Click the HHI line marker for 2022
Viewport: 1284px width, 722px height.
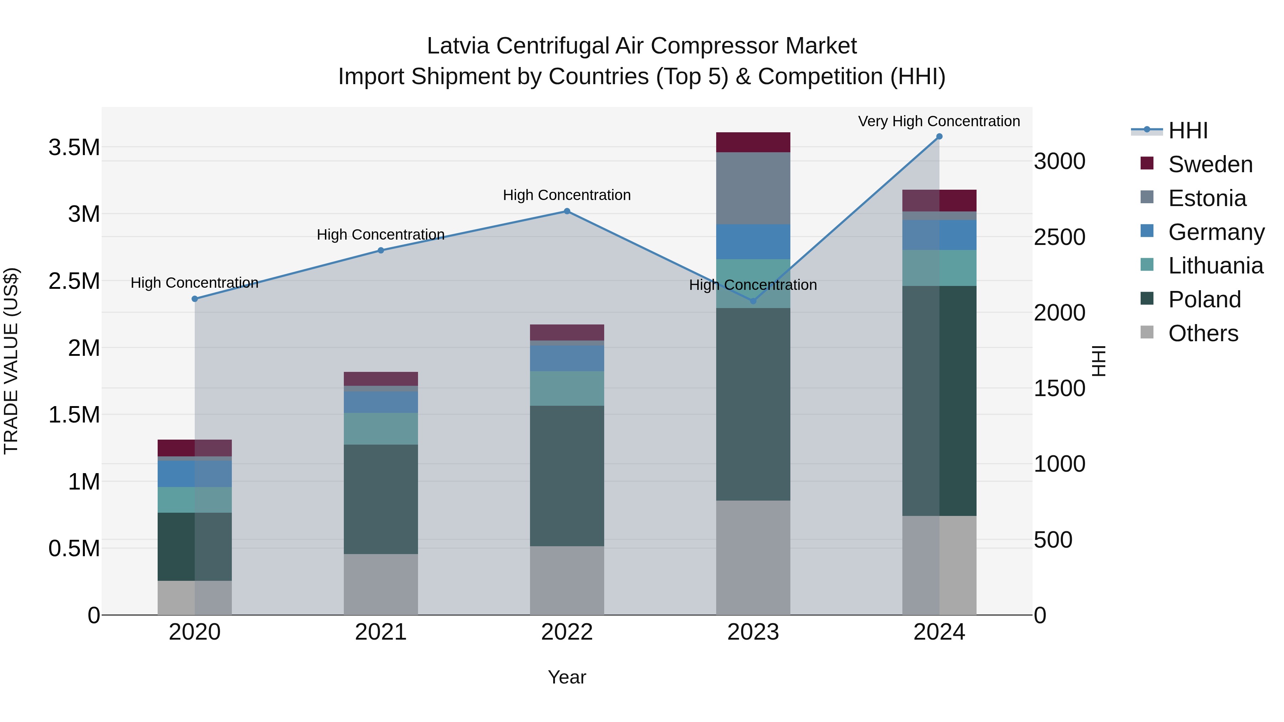coord(567,211)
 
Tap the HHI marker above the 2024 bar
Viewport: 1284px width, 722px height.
coord(939,137)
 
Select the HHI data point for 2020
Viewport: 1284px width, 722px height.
coord(195,299)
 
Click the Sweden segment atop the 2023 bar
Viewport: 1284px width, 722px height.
coord(753,143)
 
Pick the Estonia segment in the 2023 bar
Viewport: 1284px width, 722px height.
coord(753,188)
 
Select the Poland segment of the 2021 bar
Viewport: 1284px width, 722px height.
coord(381,499)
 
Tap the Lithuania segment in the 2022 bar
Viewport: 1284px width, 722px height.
coord(567,389)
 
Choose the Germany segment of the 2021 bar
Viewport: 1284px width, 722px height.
coord(381,402)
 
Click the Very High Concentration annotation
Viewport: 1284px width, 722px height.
coord(939,121)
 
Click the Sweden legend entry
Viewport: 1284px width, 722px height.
coord(1210,164)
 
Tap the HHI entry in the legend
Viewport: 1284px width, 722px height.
coord(1188,130)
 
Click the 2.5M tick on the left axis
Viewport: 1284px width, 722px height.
coord(74,281)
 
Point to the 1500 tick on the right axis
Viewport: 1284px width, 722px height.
coord(1059,388)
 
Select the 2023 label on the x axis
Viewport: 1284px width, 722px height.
coord(753,632)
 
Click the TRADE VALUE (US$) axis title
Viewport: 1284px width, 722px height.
coord(11,361)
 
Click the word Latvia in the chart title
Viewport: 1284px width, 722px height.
coord(458,46)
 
